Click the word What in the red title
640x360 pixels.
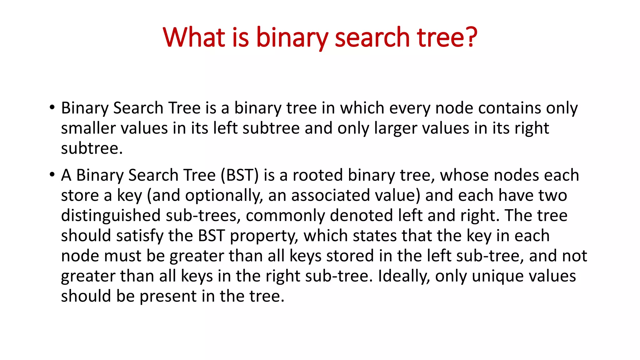click(194, 37)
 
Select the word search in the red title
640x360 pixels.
click(372, 37)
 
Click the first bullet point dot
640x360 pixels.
click(52, 107)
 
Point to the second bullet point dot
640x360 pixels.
click(52, 175)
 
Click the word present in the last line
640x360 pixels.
click(168, 296)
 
